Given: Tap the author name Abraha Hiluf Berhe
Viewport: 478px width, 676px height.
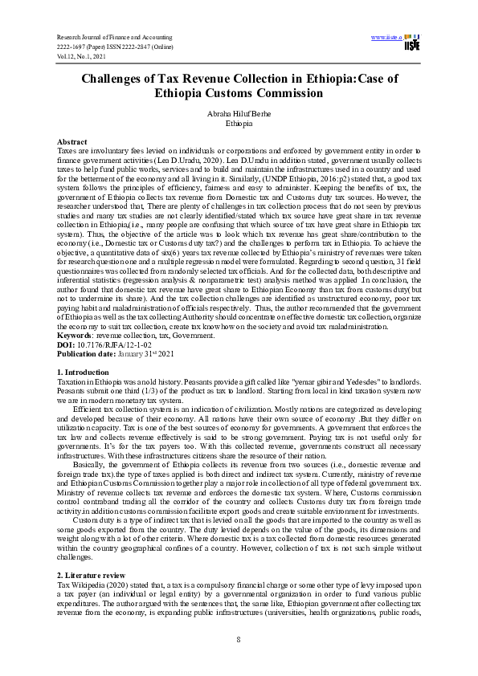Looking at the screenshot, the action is [x=239, y=114].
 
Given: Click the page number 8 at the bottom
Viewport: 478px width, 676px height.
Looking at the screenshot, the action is [x=239, y=639].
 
